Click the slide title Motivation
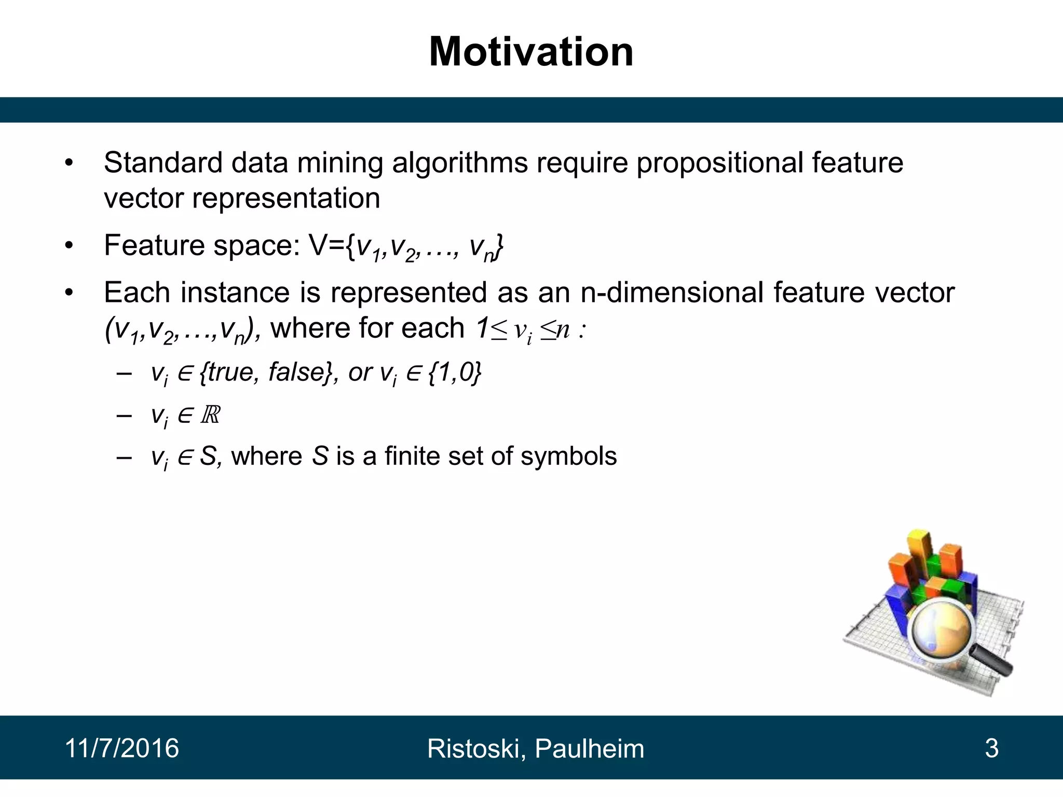[x=531, y=52]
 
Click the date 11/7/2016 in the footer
[x=122, y=748]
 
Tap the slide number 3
[x=991, y=748]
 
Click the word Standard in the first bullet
[x=163, y=162]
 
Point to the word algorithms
[x=459, y=163]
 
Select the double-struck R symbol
[x=210, y=415]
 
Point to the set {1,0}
[x=455, y=373]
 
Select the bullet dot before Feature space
[x=70, y=246]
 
